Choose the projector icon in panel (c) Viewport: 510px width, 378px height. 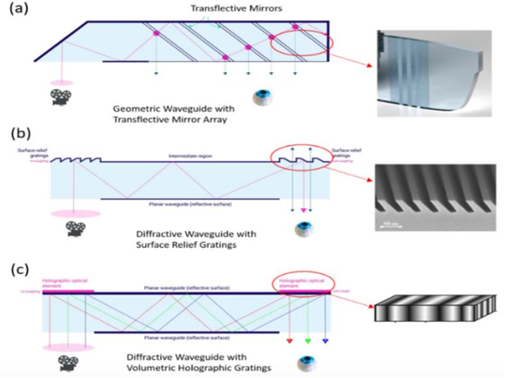[65, 364]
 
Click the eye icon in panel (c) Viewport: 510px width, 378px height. [306, 364]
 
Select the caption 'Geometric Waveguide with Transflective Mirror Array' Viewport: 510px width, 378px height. [171, 115]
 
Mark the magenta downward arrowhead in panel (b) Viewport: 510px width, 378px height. [303, 208]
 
